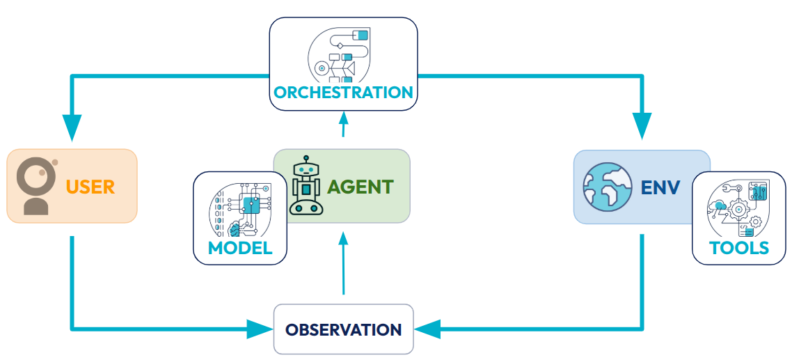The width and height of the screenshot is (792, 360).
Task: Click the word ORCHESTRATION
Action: pos(343,93)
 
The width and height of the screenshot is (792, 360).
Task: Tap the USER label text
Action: pos(90,187)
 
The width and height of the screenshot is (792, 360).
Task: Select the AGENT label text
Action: pos(360,187)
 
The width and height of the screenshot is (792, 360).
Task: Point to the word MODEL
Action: pos(239,249)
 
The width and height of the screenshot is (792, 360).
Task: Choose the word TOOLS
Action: pos(739,248)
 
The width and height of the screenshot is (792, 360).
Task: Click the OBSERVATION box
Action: pos(343,329)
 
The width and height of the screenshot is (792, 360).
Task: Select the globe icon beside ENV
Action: pos(607,187)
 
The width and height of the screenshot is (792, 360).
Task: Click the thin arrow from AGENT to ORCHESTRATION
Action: pos(343,127)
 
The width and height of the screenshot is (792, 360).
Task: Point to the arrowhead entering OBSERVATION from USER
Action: pos(260,329)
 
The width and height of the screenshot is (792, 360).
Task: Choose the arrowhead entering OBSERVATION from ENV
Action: pos(428,329)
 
